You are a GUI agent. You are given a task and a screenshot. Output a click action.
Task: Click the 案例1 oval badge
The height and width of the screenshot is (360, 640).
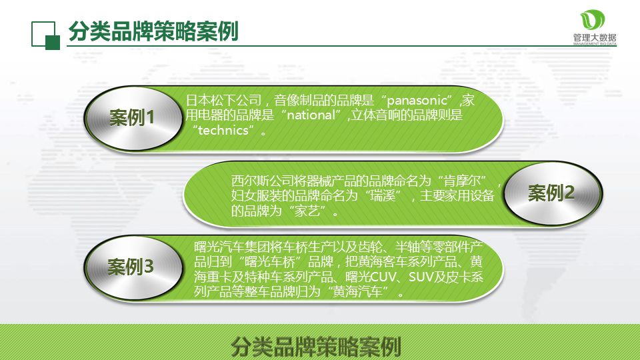click(132, 119)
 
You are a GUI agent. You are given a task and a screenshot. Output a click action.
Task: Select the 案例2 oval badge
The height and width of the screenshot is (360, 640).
click(551, 193)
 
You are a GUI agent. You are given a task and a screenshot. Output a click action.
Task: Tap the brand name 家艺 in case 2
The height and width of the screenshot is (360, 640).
click(309, 211)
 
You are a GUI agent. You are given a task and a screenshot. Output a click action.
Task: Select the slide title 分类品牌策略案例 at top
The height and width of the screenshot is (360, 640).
click(153, 31)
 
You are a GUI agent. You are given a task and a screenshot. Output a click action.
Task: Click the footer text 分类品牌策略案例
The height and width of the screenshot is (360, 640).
click(315, 347)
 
